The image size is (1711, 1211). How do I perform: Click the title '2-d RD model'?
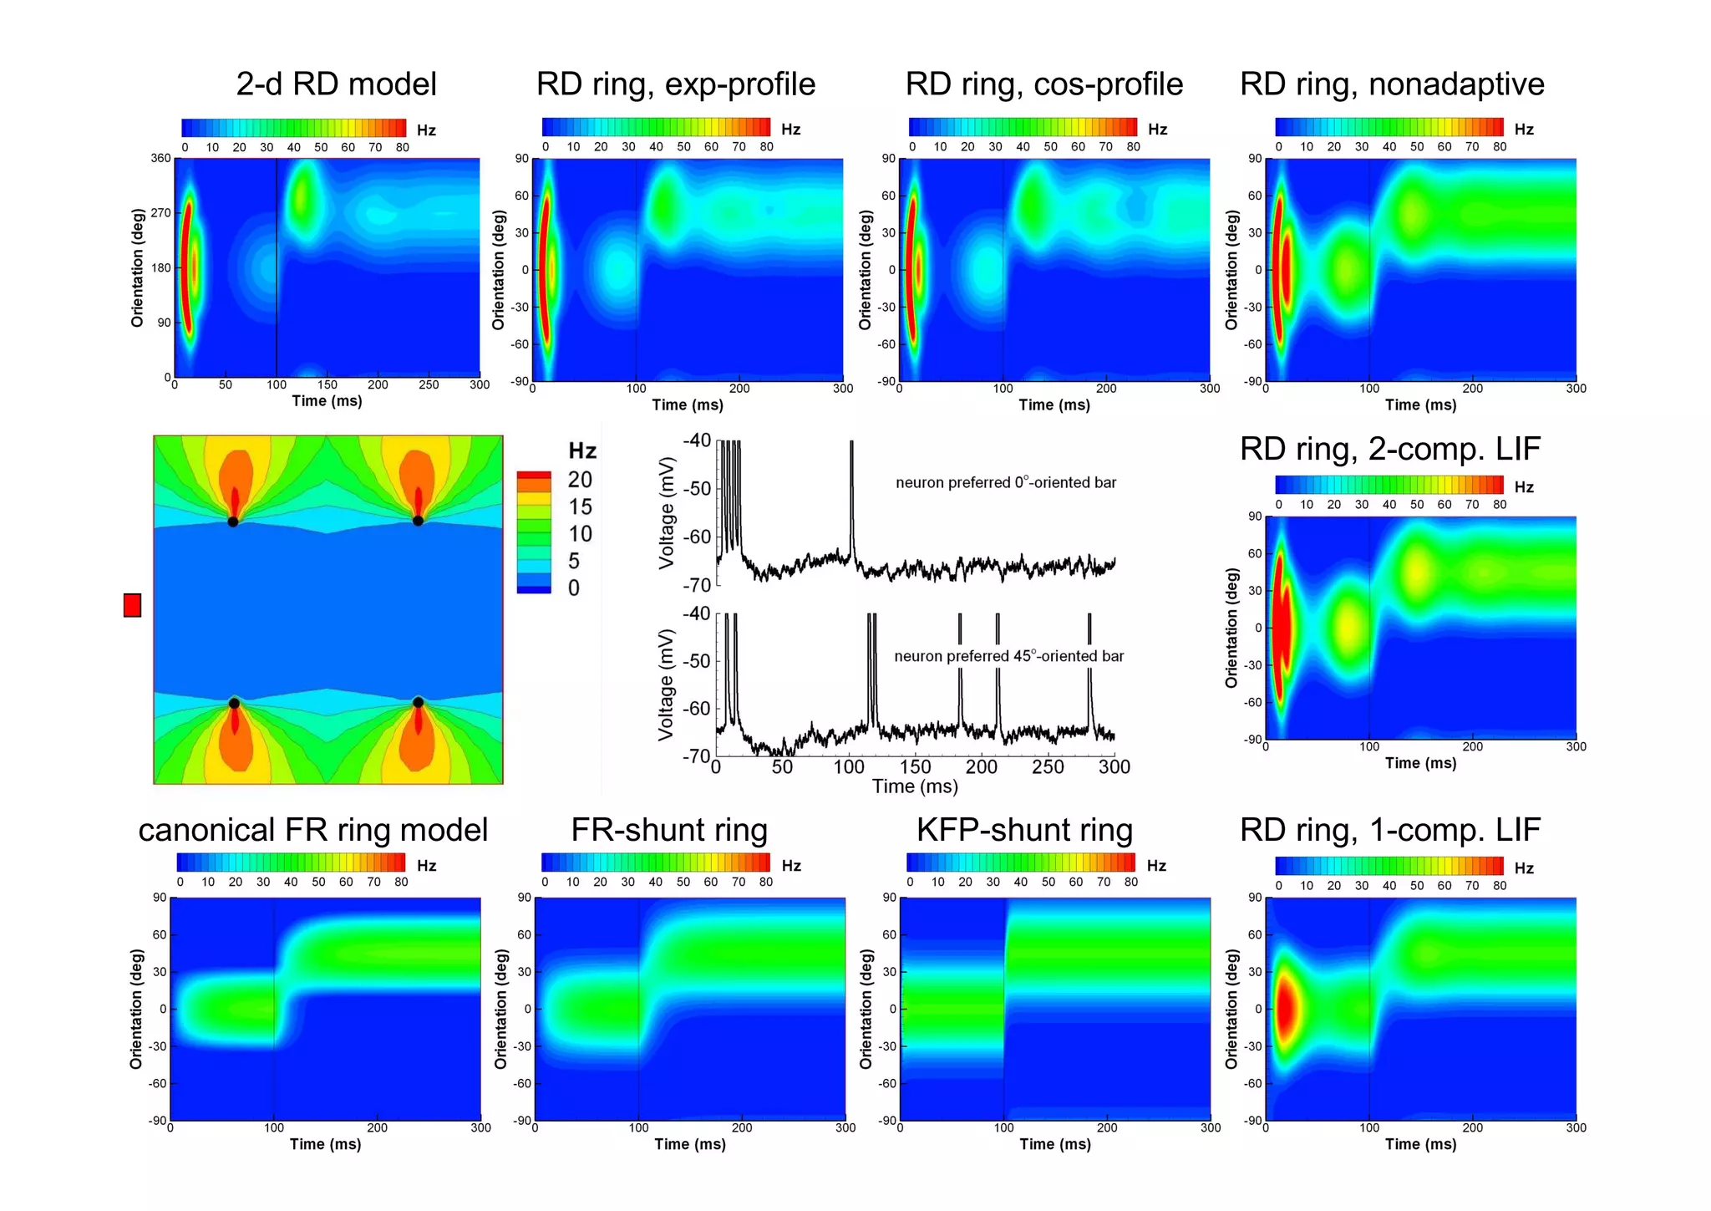(x=336, y=84)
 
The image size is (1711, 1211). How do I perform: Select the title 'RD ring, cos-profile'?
(x=1043, y=84)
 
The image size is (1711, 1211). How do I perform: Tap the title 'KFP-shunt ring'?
(x=1024, y=830)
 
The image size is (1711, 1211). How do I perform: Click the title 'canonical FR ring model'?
(x=312, y=830)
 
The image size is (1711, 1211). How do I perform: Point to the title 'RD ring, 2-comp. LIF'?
(x=1389, y=449)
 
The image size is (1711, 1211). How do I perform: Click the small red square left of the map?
(x=132, y=605)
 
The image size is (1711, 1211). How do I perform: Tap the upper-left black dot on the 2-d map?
(x=233, y=522)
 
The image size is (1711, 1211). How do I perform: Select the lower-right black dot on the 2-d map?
(x=418, y=702)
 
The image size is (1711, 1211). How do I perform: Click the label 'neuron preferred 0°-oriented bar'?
(x=1006, y=482)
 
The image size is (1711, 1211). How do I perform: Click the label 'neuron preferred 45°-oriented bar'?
(x=1008, y=656)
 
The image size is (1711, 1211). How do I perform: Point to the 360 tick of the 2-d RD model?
(x=160, y=158)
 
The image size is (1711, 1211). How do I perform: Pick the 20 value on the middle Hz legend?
(x=580, y=480)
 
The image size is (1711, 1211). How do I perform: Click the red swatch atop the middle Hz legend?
(x=534, y=475)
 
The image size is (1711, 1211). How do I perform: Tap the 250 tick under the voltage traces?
(x=1048, y=766)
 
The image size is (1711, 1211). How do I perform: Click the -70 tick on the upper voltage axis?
(x=697, y=585)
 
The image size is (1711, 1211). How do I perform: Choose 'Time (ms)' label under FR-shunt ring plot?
(x=689, y=1144)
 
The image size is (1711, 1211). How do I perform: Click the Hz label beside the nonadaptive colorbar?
(x=1524, y=130)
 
